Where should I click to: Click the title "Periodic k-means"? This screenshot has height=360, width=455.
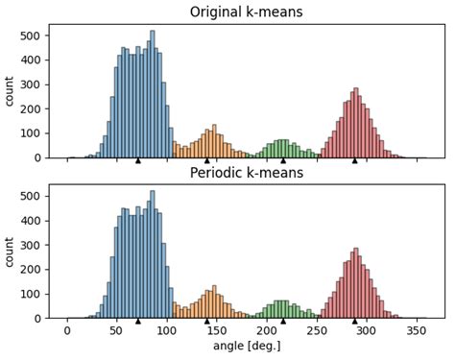pos(245,173)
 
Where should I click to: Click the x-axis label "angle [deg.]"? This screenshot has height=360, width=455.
pos(245,347)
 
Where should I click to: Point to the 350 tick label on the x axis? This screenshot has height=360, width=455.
pos(416,331)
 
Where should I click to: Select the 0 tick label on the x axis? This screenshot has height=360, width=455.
pos(67,331)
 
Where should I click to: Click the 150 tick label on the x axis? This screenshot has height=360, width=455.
pos(216,331)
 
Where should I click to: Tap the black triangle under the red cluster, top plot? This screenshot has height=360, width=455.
pos(354,160)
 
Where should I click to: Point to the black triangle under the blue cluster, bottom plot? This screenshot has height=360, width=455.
pos(137,321)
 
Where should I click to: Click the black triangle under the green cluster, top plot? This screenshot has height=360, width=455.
pos(283,160)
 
